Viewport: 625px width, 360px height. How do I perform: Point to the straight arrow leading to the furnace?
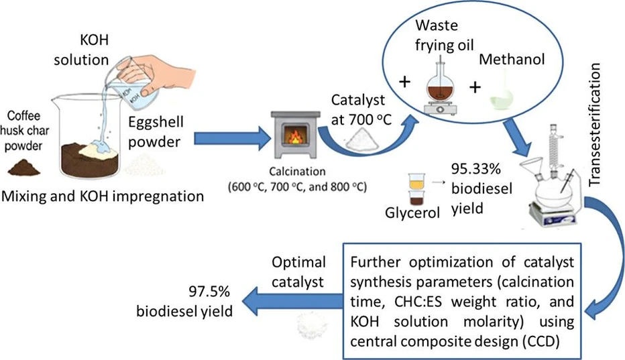click(x=227, y=139)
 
